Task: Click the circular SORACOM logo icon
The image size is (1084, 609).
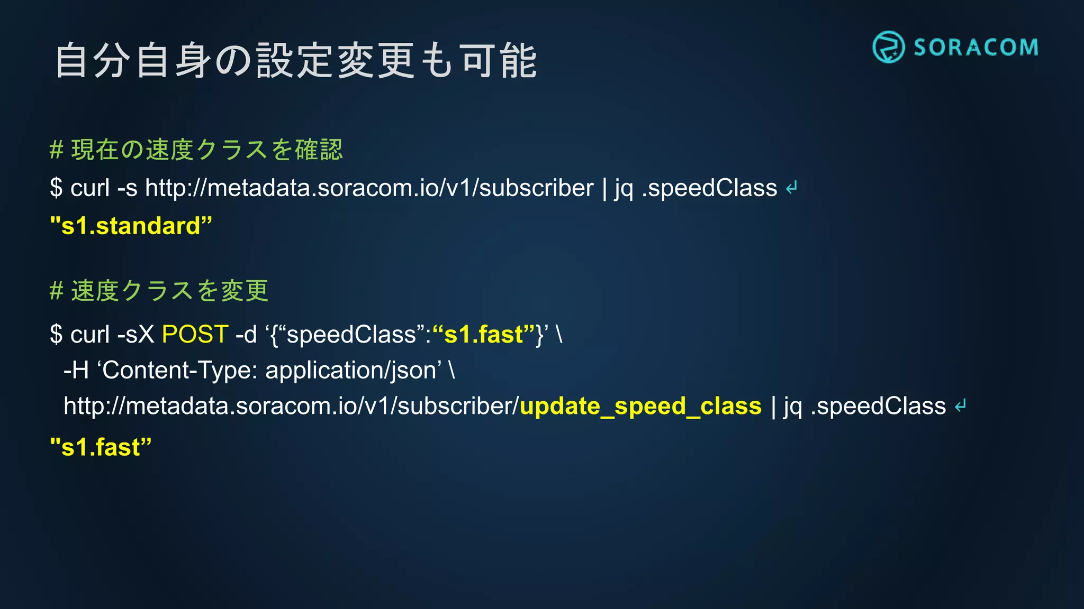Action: point(888,47)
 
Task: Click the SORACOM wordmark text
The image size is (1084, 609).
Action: point(976,48)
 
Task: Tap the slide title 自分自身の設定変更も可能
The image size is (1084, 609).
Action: point(296,61)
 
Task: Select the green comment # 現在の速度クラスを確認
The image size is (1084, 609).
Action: point(196,150)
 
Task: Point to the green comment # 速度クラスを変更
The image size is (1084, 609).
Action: point(159,291)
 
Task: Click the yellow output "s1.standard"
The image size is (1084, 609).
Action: point(131,226)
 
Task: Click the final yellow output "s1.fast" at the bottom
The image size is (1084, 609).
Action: point(101,447)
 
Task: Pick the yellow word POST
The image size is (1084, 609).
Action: point(195,335)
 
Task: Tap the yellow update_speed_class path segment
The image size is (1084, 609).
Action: point(640,406)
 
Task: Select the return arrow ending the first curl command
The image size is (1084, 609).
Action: point(792,188)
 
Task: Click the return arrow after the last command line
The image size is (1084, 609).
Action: point(961,406)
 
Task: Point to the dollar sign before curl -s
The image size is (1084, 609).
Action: point(56,188)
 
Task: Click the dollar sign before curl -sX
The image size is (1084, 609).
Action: point(56,335)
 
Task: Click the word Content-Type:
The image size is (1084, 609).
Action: point(180,370)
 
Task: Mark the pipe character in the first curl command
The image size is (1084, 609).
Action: point(604,188)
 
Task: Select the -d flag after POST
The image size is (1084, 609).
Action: point(246,335)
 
